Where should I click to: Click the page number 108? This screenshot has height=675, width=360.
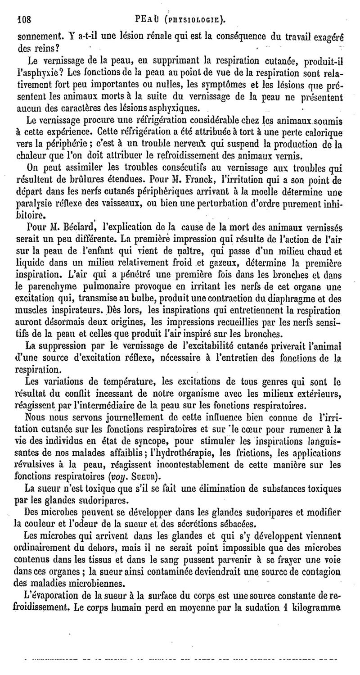(23, 20)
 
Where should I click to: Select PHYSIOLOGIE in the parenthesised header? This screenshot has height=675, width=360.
(195, 20)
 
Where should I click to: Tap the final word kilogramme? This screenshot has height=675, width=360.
(317, 608)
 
